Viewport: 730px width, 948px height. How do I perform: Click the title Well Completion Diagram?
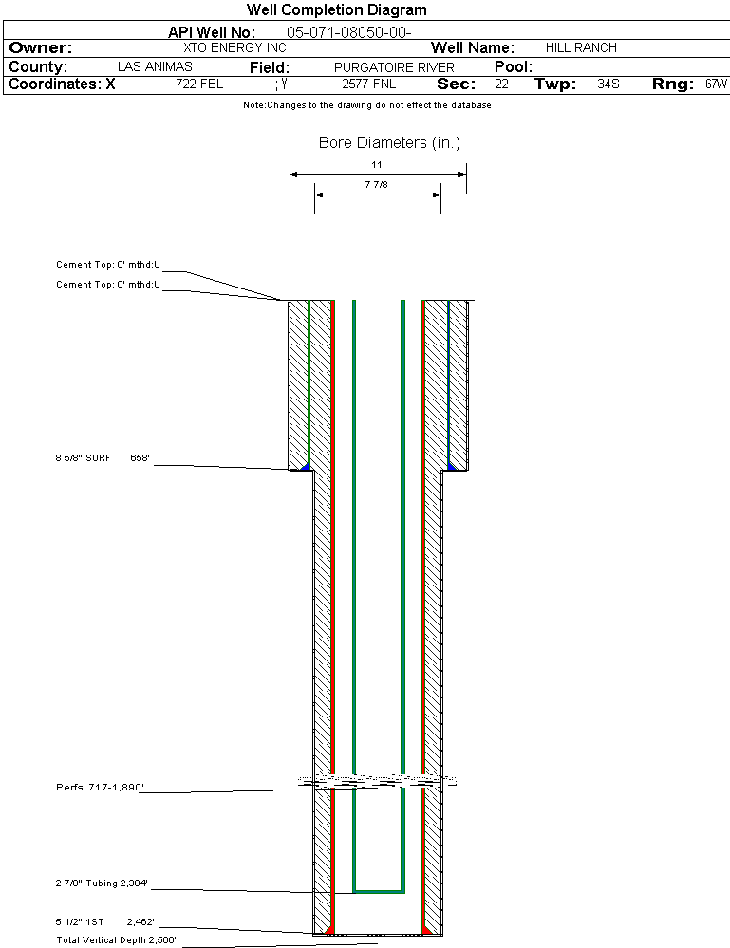337,9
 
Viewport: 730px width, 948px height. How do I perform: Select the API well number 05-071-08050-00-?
349,32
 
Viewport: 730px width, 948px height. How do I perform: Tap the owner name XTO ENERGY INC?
234,47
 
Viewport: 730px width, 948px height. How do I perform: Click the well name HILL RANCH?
581,47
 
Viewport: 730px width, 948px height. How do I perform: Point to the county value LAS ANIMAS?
155,66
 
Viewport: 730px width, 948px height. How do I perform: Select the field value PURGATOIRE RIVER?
394,67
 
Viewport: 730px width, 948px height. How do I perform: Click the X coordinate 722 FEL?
199,84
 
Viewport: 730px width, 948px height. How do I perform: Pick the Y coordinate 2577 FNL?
369,84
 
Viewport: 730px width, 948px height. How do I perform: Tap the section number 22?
502,84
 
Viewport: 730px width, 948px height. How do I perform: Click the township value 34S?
608,84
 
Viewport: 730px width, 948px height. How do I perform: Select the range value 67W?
716,84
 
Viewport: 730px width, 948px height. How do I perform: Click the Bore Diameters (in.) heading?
389,142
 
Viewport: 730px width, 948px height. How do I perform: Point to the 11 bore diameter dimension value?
377,164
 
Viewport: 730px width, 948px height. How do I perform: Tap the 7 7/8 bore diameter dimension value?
376,184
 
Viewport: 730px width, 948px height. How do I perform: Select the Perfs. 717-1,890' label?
100,788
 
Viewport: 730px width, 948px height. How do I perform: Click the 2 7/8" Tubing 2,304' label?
102,883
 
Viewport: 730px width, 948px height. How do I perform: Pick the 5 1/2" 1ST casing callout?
79,922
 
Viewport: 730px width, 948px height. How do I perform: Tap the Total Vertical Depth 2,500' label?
116,940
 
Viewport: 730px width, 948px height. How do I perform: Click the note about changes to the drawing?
367,105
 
